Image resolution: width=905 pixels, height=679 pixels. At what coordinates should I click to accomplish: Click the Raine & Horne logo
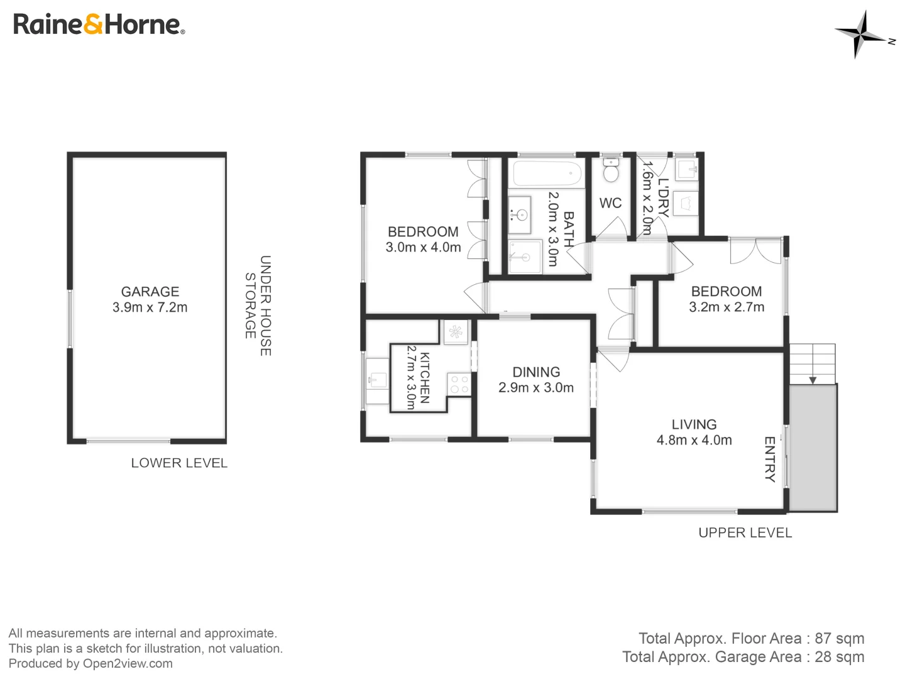coord(99,25)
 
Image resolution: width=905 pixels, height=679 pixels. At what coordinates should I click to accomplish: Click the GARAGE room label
coord(150,292)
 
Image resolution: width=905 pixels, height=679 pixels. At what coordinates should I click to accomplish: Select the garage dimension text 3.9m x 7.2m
coord(150,307)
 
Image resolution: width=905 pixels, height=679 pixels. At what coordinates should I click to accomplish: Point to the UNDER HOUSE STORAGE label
coord(258,306)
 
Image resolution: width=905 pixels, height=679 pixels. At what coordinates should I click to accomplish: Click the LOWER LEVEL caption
coord(179,463)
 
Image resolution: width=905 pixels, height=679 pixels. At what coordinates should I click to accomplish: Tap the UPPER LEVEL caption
coord(745,533)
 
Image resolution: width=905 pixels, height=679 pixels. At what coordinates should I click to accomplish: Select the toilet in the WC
coord(611,171)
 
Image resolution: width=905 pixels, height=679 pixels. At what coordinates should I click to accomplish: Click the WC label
coord(610,203)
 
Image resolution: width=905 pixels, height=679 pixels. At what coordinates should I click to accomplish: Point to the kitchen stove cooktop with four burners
coord(459,384)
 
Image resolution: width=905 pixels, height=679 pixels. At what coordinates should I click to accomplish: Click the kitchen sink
coord(378,380)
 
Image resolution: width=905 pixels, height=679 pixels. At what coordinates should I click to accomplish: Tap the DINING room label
coord(536,372)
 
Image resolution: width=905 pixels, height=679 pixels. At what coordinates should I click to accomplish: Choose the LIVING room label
coord(694,425)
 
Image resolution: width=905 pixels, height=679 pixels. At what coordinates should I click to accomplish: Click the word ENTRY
coord(769,459)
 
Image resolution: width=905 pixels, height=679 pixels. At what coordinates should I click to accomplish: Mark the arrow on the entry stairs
coord(813,380)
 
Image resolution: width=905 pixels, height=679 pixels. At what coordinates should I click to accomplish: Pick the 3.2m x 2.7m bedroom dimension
coord(727,307)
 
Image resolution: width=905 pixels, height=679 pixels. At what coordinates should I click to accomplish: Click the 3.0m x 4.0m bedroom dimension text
coord(423,248)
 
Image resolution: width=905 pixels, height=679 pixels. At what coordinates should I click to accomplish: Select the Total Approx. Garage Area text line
coord(743,657)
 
